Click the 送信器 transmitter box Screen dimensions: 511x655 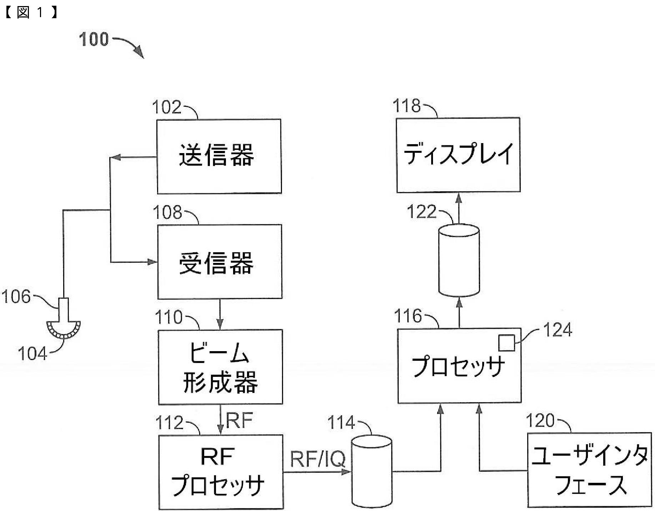click(x=219, y=156)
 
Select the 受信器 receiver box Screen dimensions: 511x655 click(x=220, y=262)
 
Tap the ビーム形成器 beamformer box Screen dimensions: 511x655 click(x=220, y=366)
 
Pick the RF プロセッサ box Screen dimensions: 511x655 click(x=221, y=471)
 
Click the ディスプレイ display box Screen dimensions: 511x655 click(x=458, y=155)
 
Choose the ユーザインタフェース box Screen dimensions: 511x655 click(x=589, y=470)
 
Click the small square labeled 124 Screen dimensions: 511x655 click(x=507, y=343)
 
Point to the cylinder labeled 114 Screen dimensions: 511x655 click(x=372, y=471)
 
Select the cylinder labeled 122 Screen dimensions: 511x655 click(x=459, y=260)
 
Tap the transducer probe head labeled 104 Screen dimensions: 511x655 click(x=64, y=329)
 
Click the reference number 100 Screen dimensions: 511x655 click(x=94, y=39)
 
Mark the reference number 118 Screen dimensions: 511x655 click(x=407, y=106)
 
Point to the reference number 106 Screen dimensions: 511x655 click(x=16, y=297)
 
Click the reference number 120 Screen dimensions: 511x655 click(x=540, y=421)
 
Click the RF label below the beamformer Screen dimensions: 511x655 click(x=239, y=420)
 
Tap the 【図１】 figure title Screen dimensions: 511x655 click(x=31, y=12)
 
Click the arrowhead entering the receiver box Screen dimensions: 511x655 click(x=153, y=262)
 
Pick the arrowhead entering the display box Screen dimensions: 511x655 click(x=459, y=197)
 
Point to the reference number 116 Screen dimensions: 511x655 click(x=408, y=316)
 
